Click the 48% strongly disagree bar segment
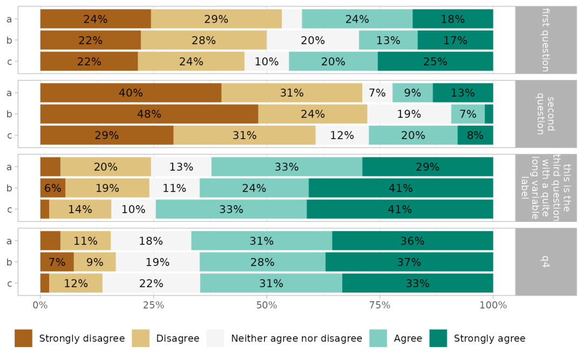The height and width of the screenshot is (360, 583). click(x=149, y=114)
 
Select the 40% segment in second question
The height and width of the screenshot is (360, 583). click(x=131, y=93)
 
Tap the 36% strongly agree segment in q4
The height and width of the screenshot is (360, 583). click(x=412, y=241)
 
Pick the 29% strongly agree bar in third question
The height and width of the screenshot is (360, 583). click(x=428, y=167)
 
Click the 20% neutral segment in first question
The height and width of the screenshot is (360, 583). click(x=313, y=40)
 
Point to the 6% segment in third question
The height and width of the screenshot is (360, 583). click(x=53, y=188)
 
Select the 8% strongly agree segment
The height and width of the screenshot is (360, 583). click(x=475, y=135)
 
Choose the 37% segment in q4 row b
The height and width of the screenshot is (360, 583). click(x=409, y=262)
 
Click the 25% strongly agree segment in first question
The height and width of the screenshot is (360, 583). click(x=435, y=62)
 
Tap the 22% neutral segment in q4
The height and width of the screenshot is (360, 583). click(x=151, y=283)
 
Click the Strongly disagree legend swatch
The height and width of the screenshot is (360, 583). click(x=23, y=338)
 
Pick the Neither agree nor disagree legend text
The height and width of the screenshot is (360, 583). click(x=296, y=338)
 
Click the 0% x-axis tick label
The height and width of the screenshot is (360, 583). click(x=40, y=304)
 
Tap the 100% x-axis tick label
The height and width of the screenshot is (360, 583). click(x=493, y=304)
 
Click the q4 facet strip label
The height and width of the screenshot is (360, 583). click(x=544, y=262)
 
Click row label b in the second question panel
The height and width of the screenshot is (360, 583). click(x=9, y=114)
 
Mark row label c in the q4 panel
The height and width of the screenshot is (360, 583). click(x=9, y=283)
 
